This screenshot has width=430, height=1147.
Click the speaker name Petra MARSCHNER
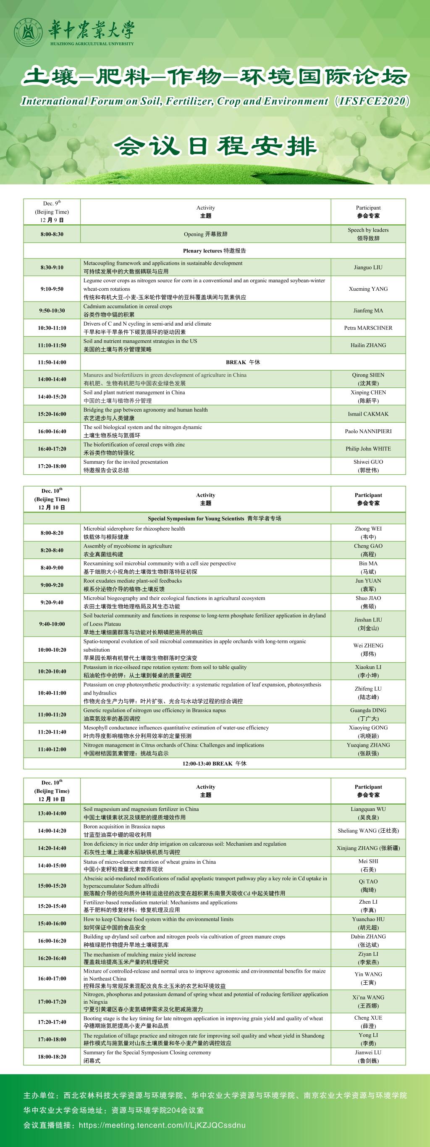(x=368, y=328)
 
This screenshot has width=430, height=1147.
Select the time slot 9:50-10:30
(x=52, y=310)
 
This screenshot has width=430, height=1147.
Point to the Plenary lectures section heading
(x=214, y=251)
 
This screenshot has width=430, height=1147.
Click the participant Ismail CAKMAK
(x=368, y=414)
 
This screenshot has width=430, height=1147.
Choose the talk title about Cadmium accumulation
(x=127, y=306)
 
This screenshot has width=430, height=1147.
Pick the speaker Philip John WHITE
(x=368, y=448)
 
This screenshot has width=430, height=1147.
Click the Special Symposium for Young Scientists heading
(x=214, y=518)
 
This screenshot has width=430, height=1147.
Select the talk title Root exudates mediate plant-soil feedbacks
(x=132, y=581)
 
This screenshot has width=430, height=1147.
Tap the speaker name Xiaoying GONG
(x=368, y=728)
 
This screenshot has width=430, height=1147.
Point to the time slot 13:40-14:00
(x=52, y=813)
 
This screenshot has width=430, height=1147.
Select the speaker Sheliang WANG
(x=368, y=830)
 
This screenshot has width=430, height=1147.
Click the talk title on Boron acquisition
(x=124, y=826)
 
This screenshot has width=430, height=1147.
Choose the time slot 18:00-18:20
(x=52, y=1057)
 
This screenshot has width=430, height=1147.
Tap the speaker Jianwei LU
(x=368, y=1052)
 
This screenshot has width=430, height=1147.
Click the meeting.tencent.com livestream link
(x=162, y=1125)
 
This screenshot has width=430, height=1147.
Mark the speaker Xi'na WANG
(x=368, y=997)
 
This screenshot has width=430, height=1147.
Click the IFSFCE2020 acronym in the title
(x=372, y=101)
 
